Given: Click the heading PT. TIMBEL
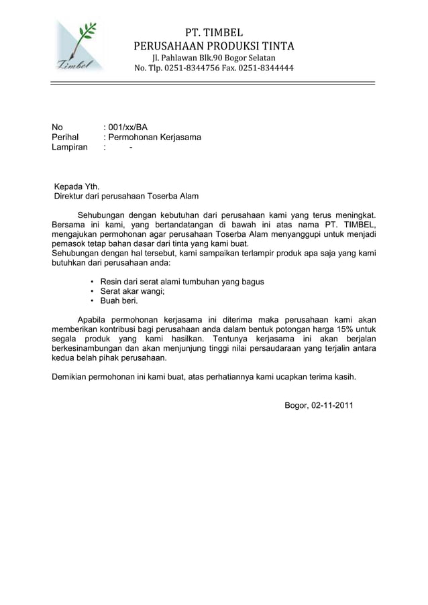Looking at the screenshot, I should [x=213, y=32].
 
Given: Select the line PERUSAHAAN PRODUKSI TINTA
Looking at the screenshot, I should [x=213, y=46].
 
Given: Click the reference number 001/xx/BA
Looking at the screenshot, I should [x=128, y=126].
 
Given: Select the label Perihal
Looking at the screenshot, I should [x=65, y=137].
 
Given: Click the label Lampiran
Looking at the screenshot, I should [x=70, y=148].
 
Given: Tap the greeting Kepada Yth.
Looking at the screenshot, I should [x=76, y=186].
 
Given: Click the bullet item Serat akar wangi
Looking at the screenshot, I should [x=132, y=292].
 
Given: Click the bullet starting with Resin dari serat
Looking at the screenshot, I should [x=182, y=282].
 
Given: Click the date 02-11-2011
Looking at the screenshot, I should [x=331, y=406].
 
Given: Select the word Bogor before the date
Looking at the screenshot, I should [x=295, y=406].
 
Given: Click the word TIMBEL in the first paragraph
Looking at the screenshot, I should [x=359, y=224].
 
